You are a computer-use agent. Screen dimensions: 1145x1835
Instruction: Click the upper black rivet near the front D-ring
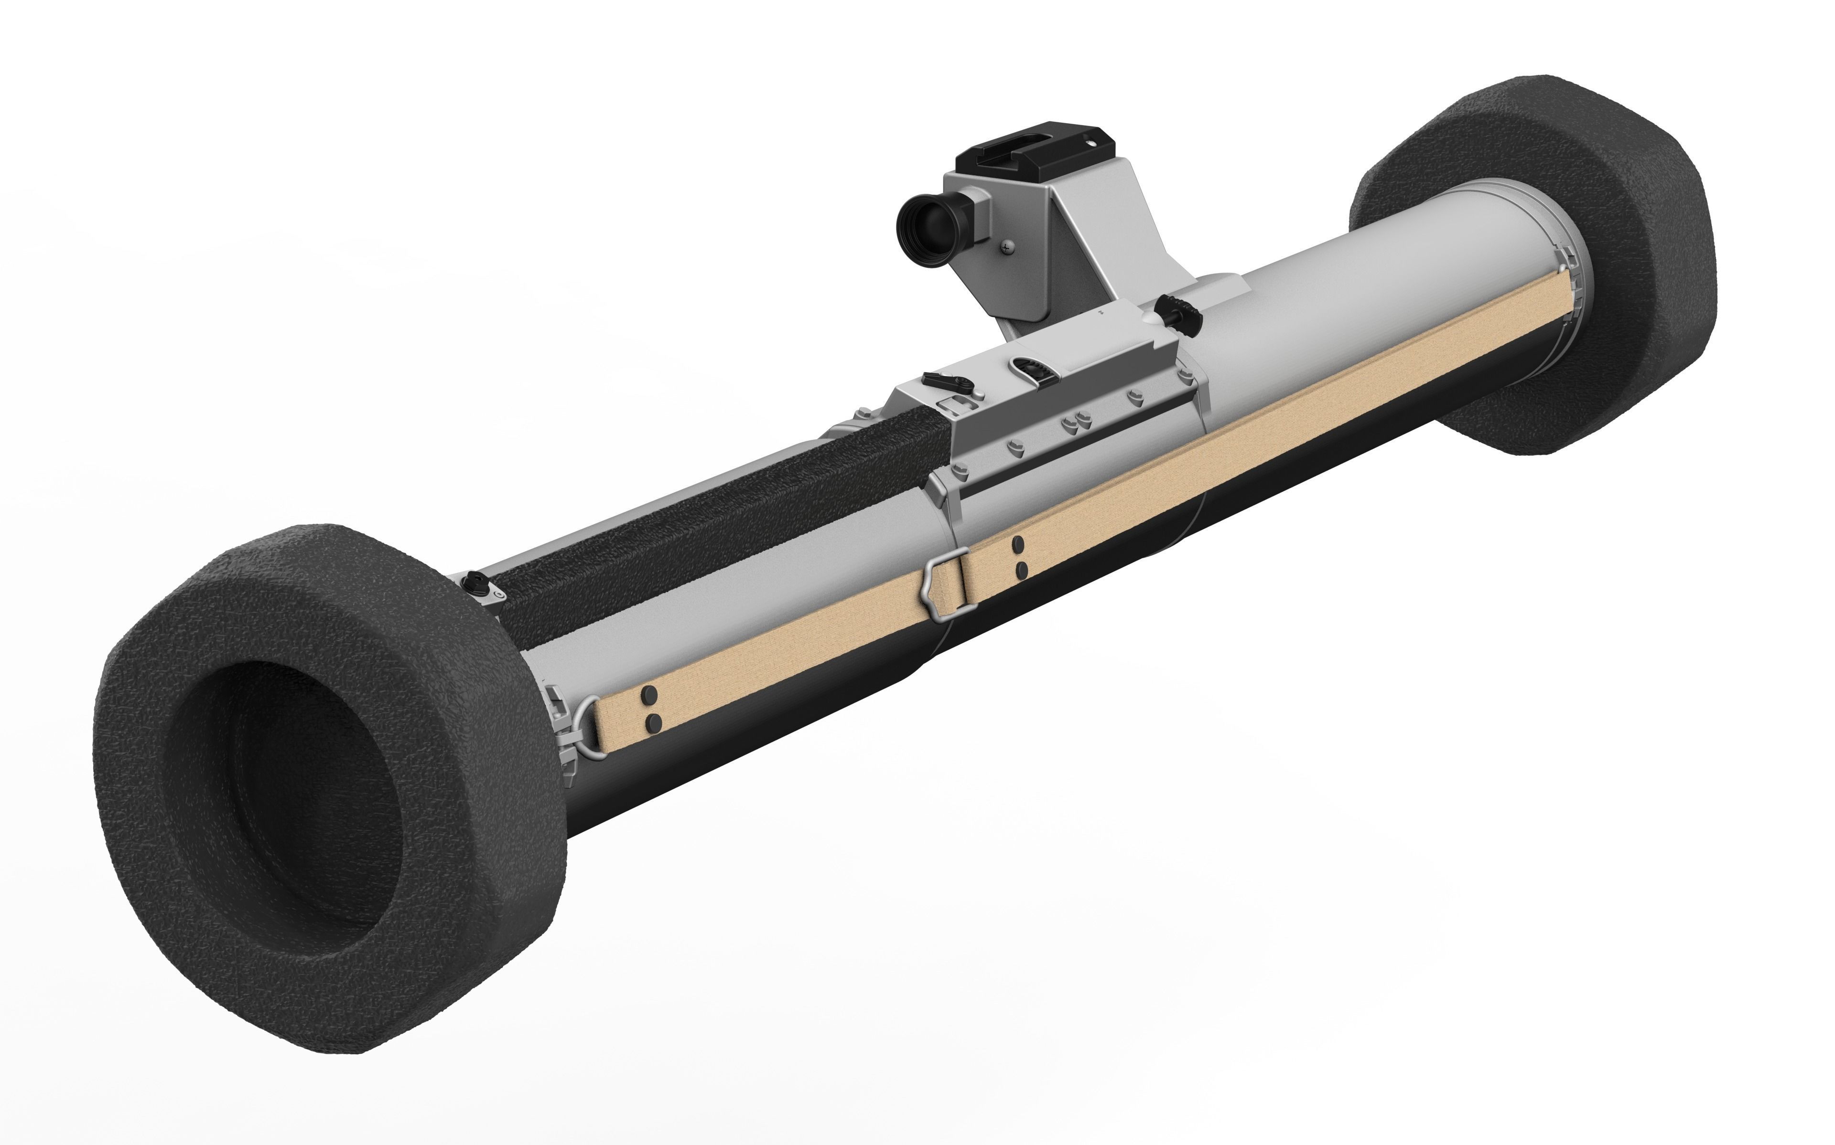point(648,694)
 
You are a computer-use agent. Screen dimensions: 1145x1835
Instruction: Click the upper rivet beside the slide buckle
point(1018,544)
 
